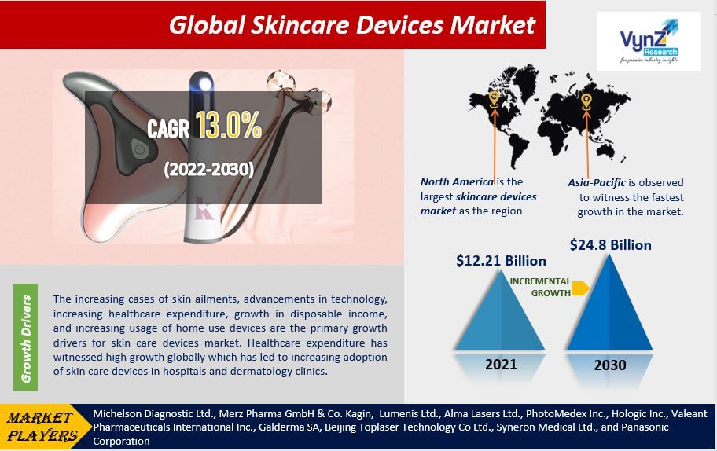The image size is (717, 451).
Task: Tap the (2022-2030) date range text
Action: click(x=208, y=169)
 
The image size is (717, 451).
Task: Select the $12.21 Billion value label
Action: click(x=501, y=260)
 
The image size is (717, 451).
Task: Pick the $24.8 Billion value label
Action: click(x=610, y=245)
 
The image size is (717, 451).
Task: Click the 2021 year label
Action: click(x=501, y=364)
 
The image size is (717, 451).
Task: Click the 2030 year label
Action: click(x=610, y=365)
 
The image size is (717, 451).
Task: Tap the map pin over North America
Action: click(x=494, y=98)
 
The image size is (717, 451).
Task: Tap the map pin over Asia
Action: click(x=586, y=100)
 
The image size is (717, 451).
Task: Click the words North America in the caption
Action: click(x=457, y=182)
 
